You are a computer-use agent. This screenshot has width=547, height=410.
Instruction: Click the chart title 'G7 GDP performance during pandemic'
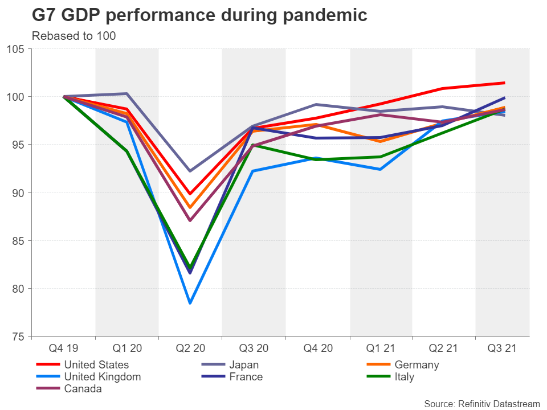point(199,15)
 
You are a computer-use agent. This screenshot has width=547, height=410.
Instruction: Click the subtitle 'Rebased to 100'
point(74,36)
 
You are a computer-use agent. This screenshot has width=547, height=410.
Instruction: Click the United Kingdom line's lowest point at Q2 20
point(190,303)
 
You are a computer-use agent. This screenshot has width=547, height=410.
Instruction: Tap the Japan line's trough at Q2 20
point(190,171)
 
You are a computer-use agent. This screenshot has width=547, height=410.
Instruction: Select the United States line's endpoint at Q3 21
point(504,83)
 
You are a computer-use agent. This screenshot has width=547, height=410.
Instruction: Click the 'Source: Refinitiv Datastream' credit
point(481,403)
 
